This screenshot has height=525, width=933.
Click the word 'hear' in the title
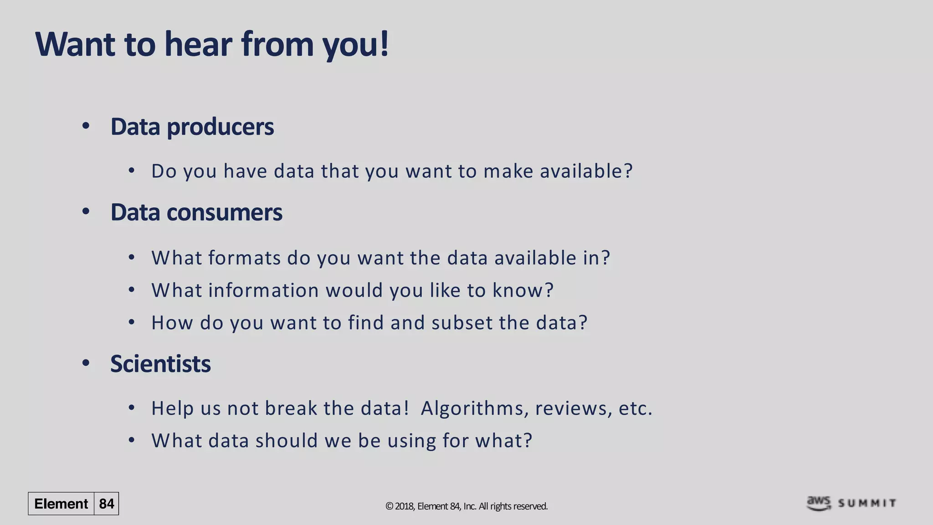click(x=199, y=44)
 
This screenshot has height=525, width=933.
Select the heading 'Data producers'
click(x=192, y=127)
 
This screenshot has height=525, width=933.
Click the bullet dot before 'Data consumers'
click(x=86, y=211)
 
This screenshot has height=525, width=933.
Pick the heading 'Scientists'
click(x=160, y=364)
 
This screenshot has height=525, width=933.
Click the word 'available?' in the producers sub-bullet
click(x=586, y=171)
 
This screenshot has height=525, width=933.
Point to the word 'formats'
click(x=245, y=258)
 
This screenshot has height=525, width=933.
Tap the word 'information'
click(x=263, y=290)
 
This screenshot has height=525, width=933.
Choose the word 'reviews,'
click(x=574, y=408)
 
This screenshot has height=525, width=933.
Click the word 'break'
click(x=291, y=408)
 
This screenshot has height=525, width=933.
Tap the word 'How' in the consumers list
click(x=172, y=323)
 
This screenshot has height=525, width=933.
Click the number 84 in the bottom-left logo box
click(x=107, y=504)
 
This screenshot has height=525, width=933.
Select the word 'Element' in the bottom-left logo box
click(x=61, y=504)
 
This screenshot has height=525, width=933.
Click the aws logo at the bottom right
click(x=819, y=503)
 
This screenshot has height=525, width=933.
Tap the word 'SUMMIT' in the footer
click(x=867, y=503)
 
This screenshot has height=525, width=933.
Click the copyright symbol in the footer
click(x=389, y=506)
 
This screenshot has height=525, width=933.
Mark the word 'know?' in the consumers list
click(x=523, y=290)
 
